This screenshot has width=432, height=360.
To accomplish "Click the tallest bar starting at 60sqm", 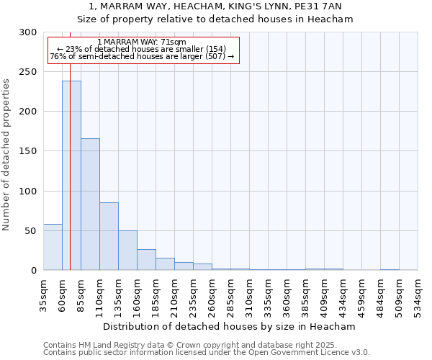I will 71,176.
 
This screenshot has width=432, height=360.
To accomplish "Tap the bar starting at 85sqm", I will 90,204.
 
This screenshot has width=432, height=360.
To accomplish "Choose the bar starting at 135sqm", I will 127,251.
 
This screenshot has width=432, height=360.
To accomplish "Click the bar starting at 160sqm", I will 146,260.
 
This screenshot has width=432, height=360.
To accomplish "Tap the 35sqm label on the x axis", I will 44,294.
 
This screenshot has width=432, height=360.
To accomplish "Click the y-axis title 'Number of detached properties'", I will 7,155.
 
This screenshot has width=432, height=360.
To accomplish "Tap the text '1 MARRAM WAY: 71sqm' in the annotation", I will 141,42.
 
